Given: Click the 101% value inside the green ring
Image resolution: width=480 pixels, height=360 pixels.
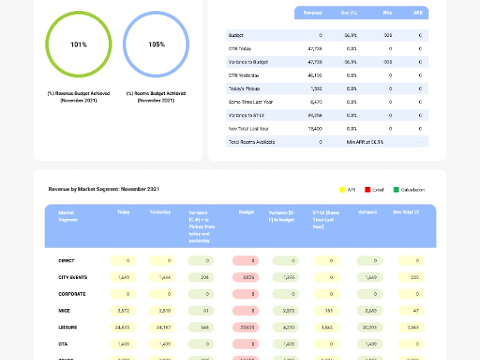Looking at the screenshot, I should (x=79, y=45).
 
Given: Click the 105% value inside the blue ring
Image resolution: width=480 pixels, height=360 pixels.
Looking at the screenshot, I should (x=156, y=45).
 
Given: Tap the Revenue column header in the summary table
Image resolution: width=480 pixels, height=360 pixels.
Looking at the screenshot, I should (x=313, y=13).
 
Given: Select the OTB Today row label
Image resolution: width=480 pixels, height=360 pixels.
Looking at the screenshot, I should (x=240, y=49).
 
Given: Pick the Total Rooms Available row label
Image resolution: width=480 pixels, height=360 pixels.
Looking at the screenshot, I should (x=251, y=142).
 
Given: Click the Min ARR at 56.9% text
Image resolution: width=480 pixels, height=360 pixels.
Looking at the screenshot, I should (x=365, y=142).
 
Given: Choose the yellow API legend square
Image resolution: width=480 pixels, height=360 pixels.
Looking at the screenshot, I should (x=343, y=189).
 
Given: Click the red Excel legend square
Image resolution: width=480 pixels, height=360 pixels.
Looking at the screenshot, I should (x=368, y=189).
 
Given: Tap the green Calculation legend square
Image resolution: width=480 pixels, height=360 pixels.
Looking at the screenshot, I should (x=396, y=189).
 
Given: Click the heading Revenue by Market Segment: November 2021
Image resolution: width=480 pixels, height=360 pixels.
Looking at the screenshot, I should (x=104, y=189).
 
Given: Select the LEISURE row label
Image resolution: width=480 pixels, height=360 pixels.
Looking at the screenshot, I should (x=68, y=327).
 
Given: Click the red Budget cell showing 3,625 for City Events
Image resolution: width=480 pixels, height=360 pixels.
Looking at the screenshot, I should (x=245, y=277).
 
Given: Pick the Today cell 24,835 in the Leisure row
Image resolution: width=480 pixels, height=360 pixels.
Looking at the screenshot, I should (x=122, y=327).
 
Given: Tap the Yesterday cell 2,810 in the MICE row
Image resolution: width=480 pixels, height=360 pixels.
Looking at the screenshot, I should (x=165, y=310).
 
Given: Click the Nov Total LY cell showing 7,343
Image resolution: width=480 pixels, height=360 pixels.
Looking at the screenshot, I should (x=412, y=327).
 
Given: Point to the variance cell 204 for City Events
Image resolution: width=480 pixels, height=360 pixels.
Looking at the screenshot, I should (x=204, y=277).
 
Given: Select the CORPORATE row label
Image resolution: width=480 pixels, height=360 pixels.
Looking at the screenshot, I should (x=72, y=294).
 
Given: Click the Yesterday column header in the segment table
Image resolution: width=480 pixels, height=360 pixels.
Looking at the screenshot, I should (x=160, y=212).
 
